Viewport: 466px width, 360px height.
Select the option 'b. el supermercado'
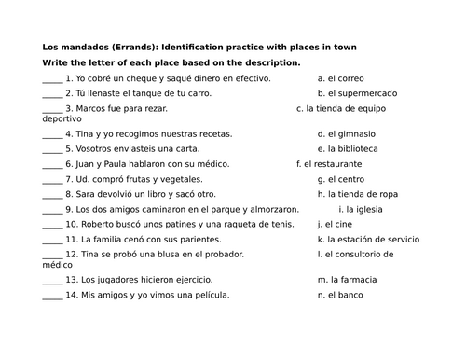point(357,93)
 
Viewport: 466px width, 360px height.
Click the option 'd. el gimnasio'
point(346,134)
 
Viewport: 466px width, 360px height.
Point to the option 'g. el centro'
point(342,178)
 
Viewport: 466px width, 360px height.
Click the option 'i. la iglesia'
point(369,209)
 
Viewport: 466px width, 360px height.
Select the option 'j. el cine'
point(337,224)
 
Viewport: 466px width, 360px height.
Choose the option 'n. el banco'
point(342,295)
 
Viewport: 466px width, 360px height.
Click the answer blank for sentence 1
point(52,80)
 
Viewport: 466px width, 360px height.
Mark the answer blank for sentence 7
point(52,179)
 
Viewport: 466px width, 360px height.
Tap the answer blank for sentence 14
point(52,296)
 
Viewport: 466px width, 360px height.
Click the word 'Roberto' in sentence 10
point(101,224)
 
